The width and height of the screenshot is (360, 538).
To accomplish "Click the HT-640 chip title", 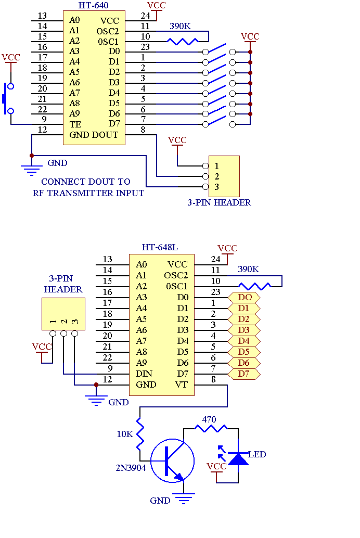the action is pyautogui.click(x=93, y=6).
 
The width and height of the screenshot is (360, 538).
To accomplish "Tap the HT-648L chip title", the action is pyautogui.click(x=160, y=247).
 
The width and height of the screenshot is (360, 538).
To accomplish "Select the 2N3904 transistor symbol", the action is pyautogui.click(x=172, y=460).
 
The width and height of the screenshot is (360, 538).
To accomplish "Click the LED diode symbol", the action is pyautogui.click(x=238, y=458).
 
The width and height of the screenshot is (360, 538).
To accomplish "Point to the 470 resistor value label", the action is pyautogui.click(x=209, y=419).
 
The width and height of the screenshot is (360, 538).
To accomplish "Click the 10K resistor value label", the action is pyautogui.click(x=125, y=434).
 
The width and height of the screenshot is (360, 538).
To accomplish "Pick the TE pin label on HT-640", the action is pyautogui.click(x=75, y=124).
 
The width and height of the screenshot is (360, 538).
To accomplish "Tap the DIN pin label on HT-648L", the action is pyautogui.click(x=144, y=374).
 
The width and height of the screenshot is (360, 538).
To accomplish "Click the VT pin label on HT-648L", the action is pyautogui.click(x=181, y=385).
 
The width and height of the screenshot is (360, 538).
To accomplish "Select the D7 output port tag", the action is pyautogui.click(x=244, y=374).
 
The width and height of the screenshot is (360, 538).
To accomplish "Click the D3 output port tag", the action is pyautogui.click(x=244, y=330).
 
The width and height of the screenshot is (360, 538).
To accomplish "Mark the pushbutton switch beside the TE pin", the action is pyautogui.click(x=8, y=98).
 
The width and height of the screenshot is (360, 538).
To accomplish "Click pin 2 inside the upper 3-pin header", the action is pyautogui.click(x=216, y=176).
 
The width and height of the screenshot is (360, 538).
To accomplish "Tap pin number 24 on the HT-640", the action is pyautogui.click(x=146, y=16).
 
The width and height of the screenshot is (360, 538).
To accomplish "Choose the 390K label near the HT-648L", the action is pyautogui.click(x=249, y=269).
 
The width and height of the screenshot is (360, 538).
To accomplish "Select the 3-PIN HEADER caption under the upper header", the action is pyautogui.click(x=220, y=202).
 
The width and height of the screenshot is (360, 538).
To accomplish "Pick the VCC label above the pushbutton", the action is pyautogui.click(x=11, y=57).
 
